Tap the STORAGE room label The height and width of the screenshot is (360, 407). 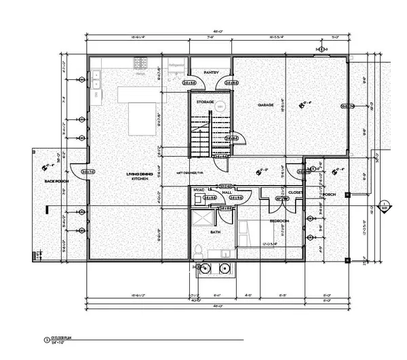coord(206,102)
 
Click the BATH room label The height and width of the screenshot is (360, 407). coord(215,233)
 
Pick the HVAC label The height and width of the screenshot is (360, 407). coord(199,190)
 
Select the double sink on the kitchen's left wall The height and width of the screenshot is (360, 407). coord(97,85)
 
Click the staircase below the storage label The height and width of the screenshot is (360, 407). coord(201,136)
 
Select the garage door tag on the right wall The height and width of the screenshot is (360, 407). coord(344,106)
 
